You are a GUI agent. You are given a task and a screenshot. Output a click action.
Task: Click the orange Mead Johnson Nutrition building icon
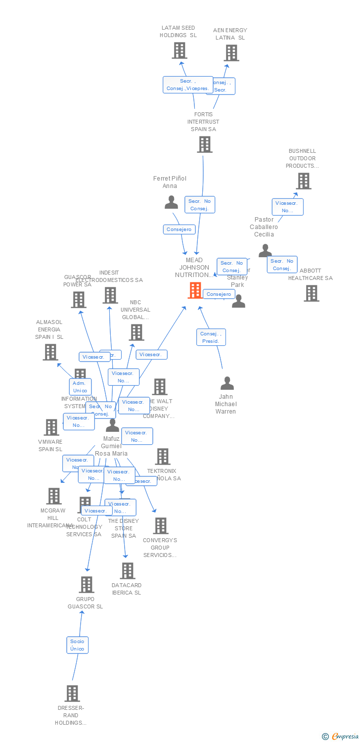coord(195,290)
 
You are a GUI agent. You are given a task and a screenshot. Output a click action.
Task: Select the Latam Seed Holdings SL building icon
coord(180,50)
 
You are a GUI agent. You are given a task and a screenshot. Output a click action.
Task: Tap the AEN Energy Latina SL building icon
coord(231,53)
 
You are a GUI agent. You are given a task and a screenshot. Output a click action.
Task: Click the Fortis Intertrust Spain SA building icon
coord(205,144)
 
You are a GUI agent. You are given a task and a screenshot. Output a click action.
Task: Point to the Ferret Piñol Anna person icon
coord(171,202)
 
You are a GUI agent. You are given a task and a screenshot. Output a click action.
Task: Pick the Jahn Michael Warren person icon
coord(227,383)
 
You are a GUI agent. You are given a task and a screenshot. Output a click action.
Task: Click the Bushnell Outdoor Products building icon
coord(304,181)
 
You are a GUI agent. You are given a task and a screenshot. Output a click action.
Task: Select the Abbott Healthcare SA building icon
coord(312,293)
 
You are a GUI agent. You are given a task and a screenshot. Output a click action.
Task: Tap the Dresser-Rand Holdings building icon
coord(72,694)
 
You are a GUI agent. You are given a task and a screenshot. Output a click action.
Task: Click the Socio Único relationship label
coord(78,645)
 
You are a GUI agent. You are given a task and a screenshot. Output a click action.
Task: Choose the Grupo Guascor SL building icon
coord(87,585)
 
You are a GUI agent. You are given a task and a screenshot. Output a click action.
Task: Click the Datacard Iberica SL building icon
coord(128,571)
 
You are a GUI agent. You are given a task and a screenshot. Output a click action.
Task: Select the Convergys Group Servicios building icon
coord(161,526)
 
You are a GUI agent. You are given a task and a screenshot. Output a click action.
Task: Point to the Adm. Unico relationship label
coord(80,386)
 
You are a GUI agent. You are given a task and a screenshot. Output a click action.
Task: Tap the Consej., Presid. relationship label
coord(211,337)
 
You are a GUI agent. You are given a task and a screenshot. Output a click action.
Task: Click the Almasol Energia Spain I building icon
coord(50,352)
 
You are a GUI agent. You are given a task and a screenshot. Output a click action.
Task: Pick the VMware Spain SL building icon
coord(51,427)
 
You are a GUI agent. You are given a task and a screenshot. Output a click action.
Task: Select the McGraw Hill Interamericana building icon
coord(54,496)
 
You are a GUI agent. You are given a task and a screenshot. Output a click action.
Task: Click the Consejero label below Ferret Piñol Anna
coord(179,230)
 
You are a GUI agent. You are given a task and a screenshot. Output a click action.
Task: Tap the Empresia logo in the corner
coord(341,737)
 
